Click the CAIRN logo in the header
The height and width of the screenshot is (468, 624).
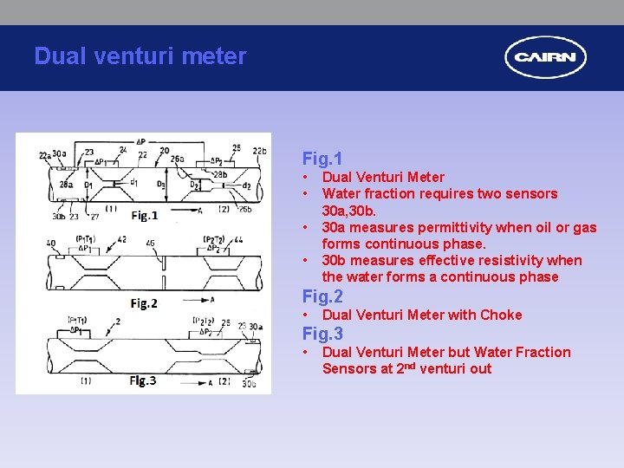pyautogui.click(x=545, y=58)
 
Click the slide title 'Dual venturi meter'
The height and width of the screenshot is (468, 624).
pyautogui.click(x=140, y=56)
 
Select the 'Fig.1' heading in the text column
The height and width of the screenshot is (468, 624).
pyautogui.click(x=322, y=159)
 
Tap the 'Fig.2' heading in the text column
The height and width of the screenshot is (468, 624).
pyautogui.click(x=322, y=296)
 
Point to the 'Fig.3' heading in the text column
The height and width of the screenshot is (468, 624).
pyautogui.click(x=322, y=334)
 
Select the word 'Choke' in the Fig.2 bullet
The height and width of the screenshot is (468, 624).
pyautogui.click(x=502, y=315)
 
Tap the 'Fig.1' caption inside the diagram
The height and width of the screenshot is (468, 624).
pyautogui.click(x=145, y=215)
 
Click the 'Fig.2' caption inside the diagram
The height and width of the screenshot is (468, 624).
pyautogui.click(x=144, y=302)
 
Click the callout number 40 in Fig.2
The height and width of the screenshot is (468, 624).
pyautogui.click(x=51, y=244)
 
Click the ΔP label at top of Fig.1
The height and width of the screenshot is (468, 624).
pyautogui.click(x=141, y=141)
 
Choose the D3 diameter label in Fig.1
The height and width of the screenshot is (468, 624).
pyautogui.click(x=161, y=185)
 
